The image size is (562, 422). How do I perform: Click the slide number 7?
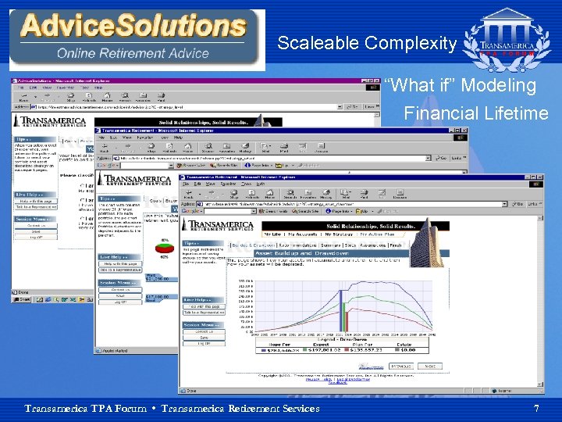tap(535, 409)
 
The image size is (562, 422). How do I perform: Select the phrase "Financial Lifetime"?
tap(475, 114)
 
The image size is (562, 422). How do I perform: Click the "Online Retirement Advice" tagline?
tap(133, 54)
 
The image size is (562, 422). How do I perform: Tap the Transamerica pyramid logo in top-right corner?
tap(507, 39)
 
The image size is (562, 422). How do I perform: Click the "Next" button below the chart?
tap(429, 366)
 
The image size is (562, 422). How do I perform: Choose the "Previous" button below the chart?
tap(401, 366)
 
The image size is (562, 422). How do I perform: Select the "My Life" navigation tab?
tap(272, 234)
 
